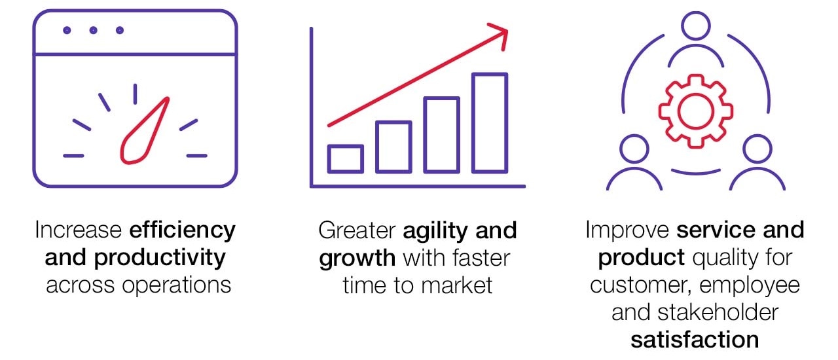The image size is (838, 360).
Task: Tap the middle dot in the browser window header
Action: click(93, 30)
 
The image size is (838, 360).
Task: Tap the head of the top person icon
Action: click(695, 26)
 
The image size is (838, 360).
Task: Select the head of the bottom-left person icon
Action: click(634, 149)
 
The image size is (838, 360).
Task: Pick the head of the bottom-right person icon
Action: click(757, 149)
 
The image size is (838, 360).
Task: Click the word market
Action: click(456, 285)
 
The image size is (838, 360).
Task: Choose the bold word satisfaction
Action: click(695, 340)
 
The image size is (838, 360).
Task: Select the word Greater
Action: click(357, 230)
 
